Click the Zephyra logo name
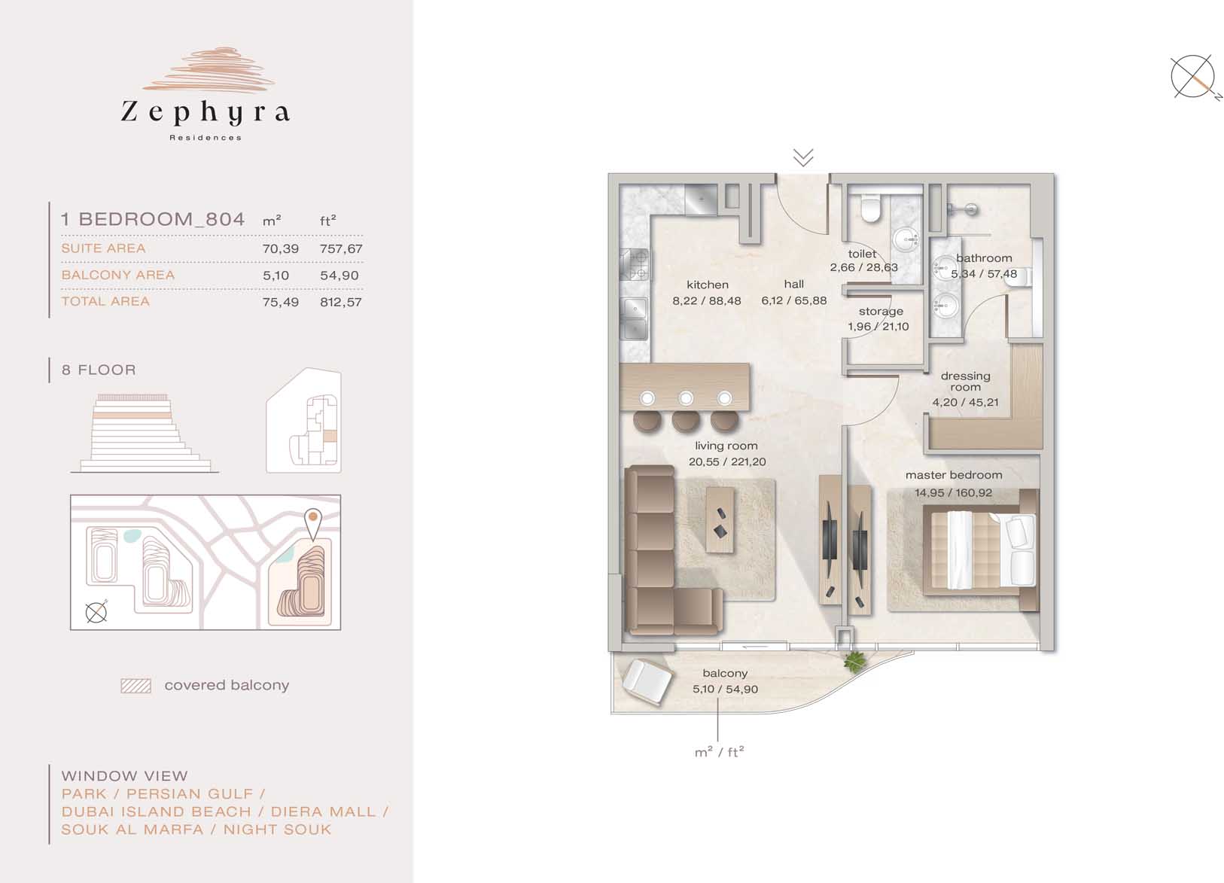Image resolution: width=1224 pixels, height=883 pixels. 206,112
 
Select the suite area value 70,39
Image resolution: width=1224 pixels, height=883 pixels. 280,248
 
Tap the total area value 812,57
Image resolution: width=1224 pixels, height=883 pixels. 341,302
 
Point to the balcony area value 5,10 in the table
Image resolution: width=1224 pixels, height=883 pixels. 276,276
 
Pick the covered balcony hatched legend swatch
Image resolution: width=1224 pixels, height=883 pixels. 136,686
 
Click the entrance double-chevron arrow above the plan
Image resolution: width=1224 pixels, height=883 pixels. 803,157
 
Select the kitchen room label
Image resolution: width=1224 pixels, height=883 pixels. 708,285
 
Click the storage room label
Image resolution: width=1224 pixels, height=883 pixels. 881,311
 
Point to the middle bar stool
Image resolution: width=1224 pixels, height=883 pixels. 686,419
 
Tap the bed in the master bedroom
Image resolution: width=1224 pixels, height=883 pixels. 980,550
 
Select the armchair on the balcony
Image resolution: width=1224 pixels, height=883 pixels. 647,681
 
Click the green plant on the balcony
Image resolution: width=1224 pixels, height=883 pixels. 854,662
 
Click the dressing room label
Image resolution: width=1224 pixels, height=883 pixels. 966,382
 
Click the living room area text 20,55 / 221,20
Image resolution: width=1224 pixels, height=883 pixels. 727,461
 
